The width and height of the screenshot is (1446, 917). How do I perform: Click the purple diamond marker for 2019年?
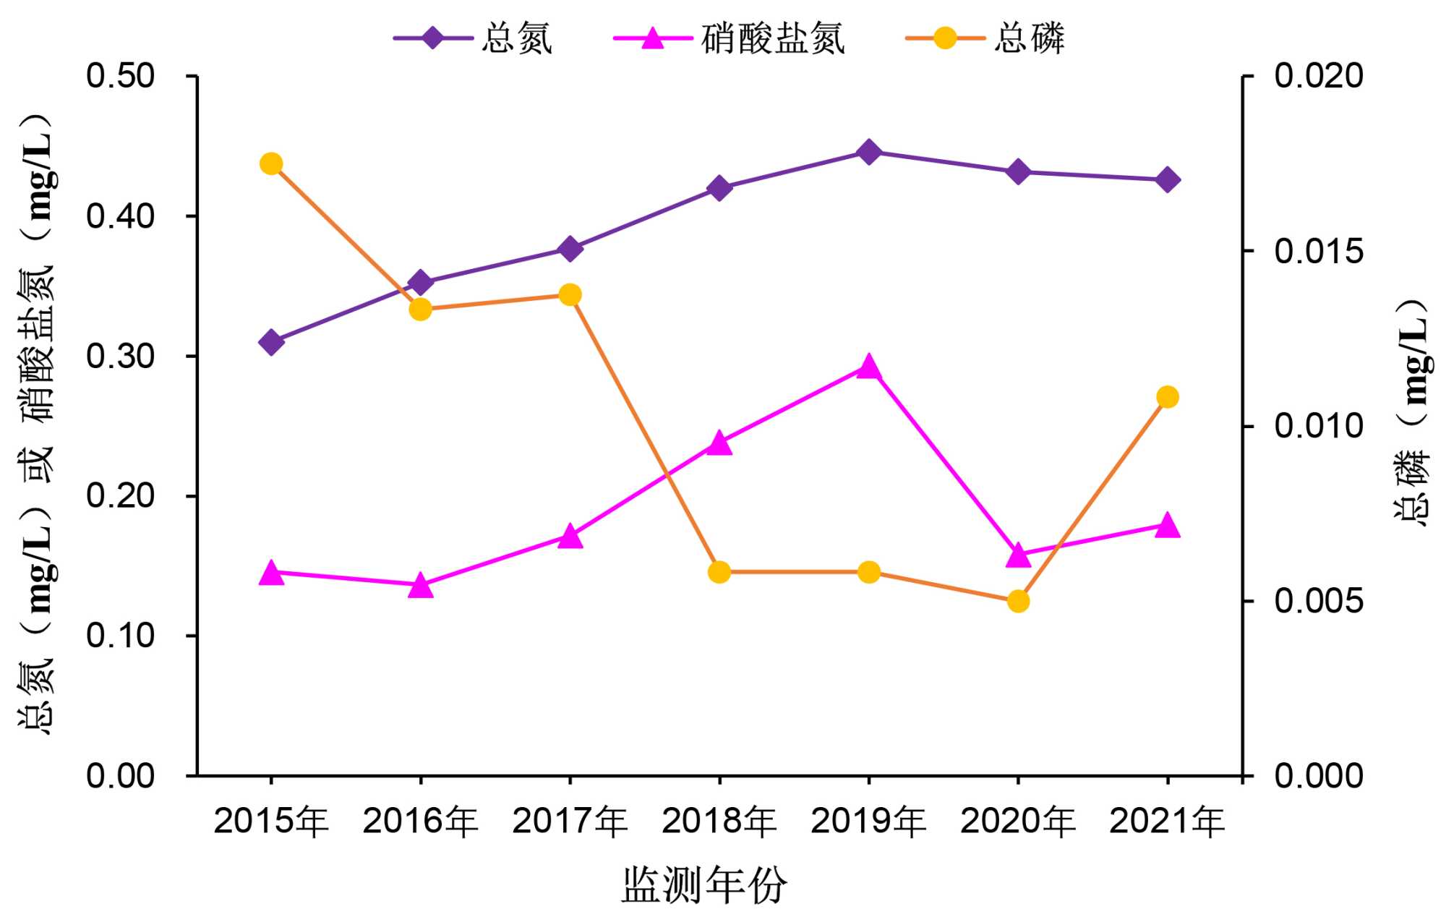pos(868,152)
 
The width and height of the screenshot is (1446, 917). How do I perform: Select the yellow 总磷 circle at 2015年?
pos(270,164)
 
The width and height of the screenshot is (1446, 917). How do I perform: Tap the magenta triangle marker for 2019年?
pos(868,367)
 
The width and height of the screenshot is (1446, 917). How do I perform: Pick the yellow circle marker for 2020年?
pos(1018,601)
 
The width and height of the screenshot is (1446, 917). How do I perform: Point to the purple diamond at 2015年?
pos(271,342)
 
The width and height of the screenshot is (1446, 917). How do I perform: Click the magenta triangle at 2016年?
pos(420,586)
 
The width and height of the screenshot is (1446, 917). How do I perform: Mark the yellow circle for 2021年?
pos(1168,397)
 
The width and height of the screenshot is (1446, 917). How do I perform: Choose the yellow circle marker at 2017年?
pos(570,295)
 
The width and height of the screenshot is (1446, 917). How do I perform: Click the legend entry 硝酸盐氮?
pos(772,38)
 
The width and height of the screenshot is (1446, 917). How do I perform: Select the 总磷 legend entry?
pos(1028,38)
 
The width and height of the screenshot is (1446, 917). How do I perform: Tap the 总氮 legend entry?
pos(516,38)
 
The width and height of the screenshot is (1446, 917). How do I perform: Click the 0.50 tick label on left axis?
pos(120,76)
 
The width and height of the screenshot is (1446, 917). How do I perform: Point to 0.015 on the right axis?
pos(1318,251)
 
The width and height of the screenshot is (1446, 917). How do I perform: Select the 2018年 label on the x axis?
pos(719,821)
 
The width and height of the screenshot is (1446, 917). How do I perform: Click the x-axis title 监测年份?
pos(703,884)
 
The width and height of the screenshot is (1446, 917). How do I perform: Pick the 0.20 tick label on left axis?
pos(120,495)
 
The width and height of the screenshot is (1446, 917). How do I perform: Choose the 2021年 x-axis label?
pos(1167,821)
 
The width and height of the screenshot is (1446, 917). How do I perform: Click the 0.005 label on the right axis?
pos(1318,600)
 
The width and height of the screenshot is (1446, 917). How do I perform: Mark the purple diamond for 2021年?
pos(1168,180)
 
